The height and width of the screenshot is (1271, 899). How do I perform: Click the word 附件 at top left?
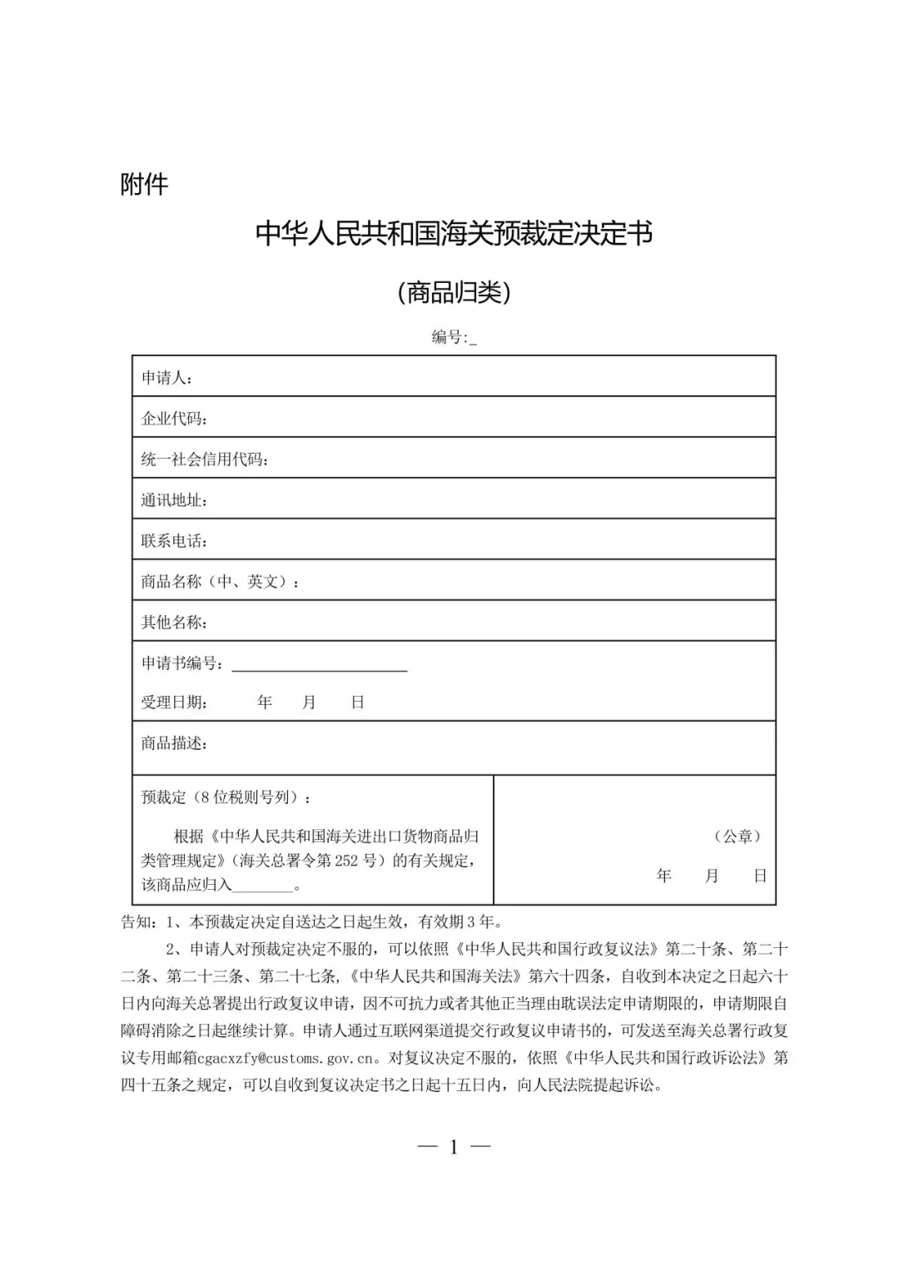click(144, 184)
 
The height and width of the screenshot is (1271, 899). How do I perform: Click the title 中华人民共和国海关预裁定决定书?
click(454, 234)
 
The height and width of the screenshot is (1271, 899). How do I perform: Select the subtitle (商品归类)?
click(454, 292)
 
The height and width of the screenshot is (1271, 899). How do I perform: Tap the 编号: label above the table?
click(450, 337)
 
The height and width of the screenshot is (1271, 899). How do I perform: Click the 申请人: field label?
click(167, 378)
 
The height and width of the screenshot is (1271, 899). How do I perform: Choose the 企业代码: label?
click(175, 419)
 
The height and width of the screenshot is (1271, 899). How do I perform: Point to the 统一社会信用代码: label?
click(205, 459)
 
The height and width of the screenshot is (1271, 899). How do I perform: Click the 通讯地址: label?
click(175, 500)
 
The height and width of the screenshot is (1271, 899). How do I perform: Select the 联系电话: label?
click(175, 541)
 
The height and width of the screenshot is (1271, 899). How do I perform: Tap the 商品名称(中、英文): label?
click(221, 582)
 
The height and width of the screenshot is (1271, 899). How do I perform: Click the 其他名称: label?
click(175, 623)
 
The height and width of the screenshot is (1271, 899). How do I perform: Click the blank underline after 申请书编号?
click(320, 665)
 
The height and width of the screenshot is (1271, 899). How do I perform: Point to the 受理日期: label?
click(175, 703)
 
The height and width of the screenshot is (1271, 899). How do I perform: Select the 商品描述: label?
click(175, 743)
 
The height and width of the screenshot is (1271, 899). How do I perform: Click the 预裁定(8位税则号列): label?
click(227, 797)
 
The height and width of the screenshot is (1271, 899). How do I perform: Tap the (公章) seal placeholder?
click(738, 837)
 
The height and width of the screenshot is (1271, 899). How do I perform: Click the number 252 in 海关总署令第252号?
click(347, 861)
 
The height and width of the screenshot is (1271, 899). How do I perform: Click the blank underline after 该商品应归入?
click(263, 886)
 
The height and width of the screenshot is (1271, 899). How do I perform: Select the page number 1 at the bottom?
click(454, 1147)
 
